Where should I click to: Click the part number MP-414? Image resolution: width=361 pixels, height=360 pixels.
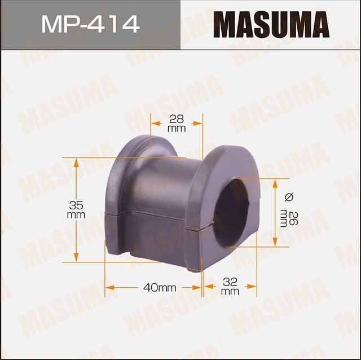coord(90,24)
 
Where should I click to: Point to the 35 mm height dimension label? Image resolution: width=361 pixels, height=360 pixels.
coord(75,209)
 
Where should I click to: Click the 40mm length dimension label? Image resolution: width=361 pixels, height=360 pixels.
coord(160,287)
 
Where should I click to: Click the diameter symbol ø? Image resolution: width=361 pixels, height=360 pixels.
coord(290,196)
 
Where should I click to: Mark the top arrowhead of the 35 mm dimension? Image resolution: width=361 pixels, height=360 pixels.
coord(78,161)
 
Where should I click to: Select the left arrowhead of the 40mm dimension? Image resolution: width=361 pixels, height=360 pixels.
coord(109,287)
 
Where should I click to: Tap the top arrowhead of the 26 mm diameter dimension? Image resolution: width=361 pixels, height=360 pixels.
coord(275,183)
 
